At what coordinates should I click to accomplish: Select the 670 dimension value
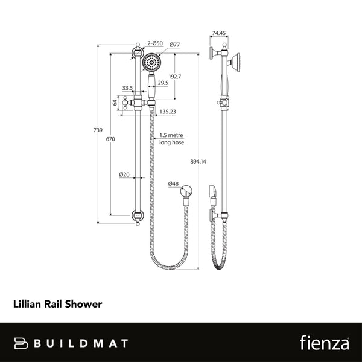click(110, 139)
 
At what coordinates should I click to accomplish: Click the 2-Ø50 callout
click(156, 44)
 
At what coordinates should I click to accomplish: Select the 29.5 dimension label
click(164, 83)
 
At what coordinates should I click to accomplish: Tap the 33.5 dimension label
click(127, 88)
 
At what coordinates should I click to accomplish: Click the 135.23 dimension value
click(168, 111)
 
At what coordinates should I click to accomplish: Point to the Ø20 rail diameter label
click(124, 175)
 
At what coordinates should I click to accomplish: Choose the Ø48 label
click(173, 183)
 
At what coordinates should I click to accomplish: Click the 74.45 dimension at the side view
click(219, 34)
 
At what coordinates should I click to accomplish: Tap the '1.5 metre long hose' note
click(171, 139)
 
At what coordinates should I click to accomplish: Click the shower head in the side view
click(239, 62)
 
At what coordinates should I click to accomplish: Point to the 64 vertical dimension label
click(115, 103)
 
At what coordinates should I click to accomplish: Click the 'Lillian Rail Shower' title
click(57, 305)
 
